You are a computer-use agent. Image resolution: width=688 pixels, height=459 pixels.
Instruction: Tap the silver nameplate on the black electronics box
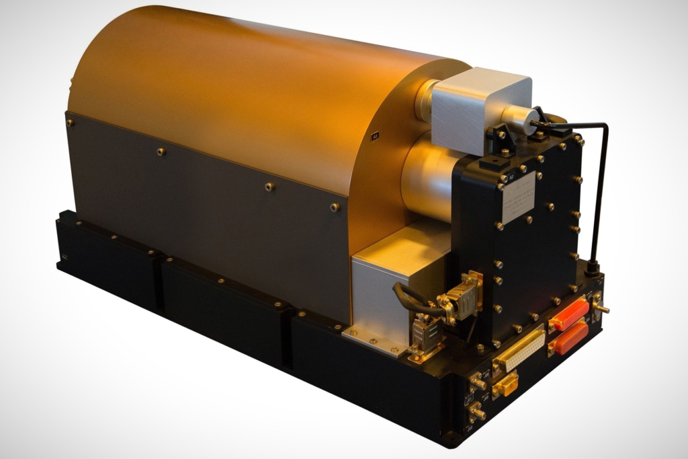tap(518, 197)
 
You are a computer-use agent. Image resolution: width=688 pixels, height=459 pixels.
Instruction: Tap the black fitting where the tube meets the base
tap(592, 269)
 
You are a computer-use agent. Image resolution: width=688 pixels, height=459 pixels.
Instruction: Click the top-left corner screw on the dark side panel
tap(70, 122)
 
